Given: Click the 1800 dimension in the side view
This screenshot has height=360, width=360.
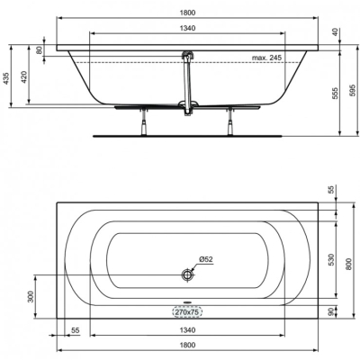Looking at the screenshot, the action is coord(188,13).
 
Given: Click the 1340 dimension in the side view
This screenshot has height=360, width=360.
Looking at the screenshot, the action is coord(188,28).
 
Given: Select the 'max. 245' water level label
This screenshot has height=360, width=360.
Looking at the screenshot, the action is coord(266,58).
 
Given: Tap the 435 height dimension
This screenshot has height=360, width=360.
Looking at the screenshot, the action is coord(6,78).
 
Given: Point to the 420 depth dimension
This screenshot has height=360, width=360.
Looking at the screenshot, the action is coord(24,76).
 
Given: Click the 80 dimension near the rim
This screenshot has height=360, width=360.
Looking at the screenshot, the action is coord(39,49).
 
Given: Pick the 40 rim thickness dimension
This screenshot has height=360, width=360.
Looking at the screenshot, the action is coord(336,31).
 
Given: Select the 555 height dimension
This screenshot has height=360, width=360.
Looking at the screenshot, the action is coord(336,94).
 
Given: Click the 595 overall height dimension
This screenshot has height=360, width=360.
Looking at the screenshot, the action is coord(353,90).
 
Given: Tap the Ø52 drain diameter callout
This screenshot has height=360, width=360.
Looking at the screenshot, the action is coord(206,259).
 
